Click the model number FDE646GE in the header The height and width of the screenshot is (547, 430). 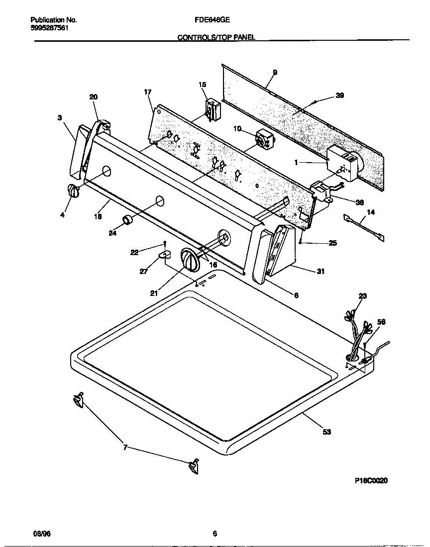pos(212,20)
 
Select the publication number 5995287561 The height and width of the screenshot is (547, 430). pos(49,28)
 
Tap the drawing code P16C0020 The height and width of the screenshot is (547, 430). pos(371,480)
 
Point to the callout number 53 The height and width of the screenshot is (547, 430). pos(326,432)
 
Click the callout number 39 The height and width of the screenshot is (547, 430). pos(339,95)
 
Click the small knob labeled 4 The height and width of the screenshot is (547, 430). pos(73,191)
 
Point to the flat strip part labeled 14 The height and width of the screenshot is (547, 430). pos(364,228)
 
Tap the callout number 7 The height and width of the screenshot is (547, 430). pos(125,448)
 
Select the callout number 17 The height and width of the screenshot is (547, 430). pos(147,92)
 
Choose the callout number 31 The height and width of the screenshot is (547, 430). pos(321,271)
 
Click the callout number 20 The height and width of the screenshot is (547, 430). pos(94,97)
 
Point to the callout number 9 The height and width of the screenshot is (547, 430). pos(275,73)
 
